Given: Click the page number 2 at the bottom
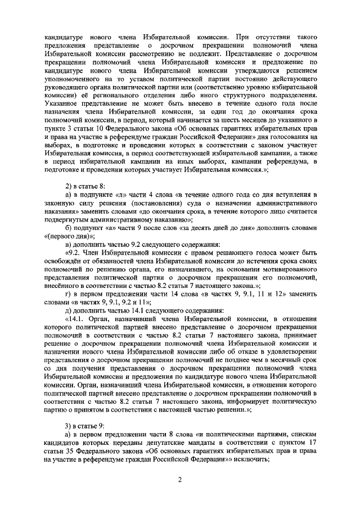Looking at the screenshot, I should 180,480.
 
